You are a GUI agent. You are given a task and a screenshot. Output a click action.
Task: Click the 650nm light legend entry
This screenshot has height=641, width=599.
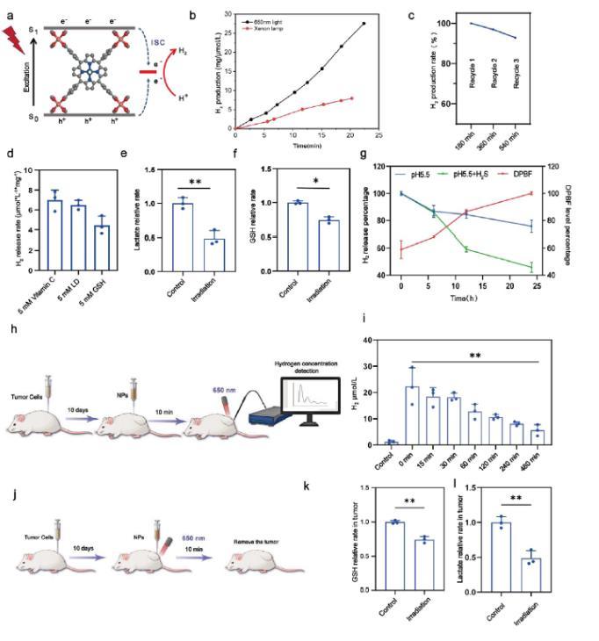pos(274,18)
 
